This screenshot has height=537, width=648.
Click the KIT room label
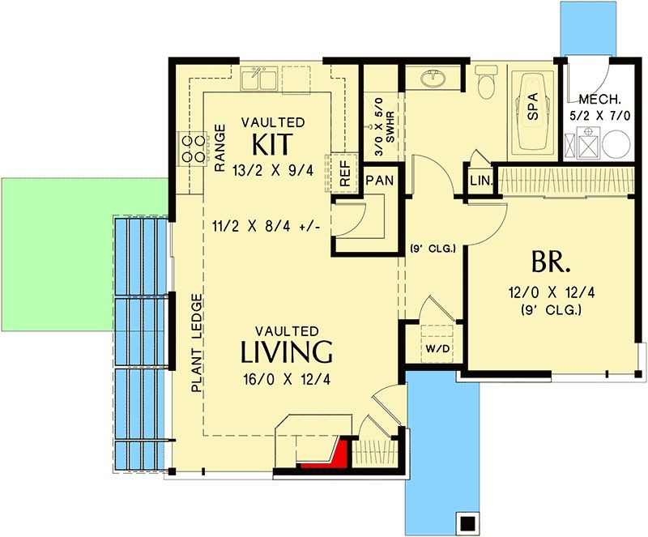click(272, 144)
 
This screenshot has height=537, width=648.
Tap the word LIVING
click(287, 352)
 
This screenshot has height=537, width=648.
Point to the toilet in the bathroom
click(486, 82)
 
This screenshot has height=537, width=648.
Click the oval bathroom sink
click(433, 79)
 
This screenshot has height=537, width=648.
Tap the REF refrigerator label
click(345, 173)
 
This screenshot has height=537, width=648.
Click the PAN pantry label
click(380, 181)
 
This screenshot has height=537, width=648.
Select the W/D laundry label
click(437, 348)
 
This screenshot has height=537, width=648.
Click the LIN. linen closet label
click(480, 181)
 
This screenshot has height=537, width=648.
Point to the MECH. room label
click(599, 99)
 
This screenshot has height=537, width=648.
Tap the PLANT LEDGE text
click(198, 343)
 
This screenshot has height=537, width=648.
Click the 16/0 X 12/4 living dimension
click(287, 380)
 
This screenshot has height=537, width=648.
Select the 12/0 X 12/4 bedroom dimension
click(552, 292)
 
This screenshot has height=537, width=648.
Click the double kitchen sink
click(259, 79)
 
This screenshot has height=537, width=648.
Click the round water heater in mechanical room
click(616, 145)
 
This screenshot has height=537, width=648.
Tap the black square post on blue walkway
click(468, 522)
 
